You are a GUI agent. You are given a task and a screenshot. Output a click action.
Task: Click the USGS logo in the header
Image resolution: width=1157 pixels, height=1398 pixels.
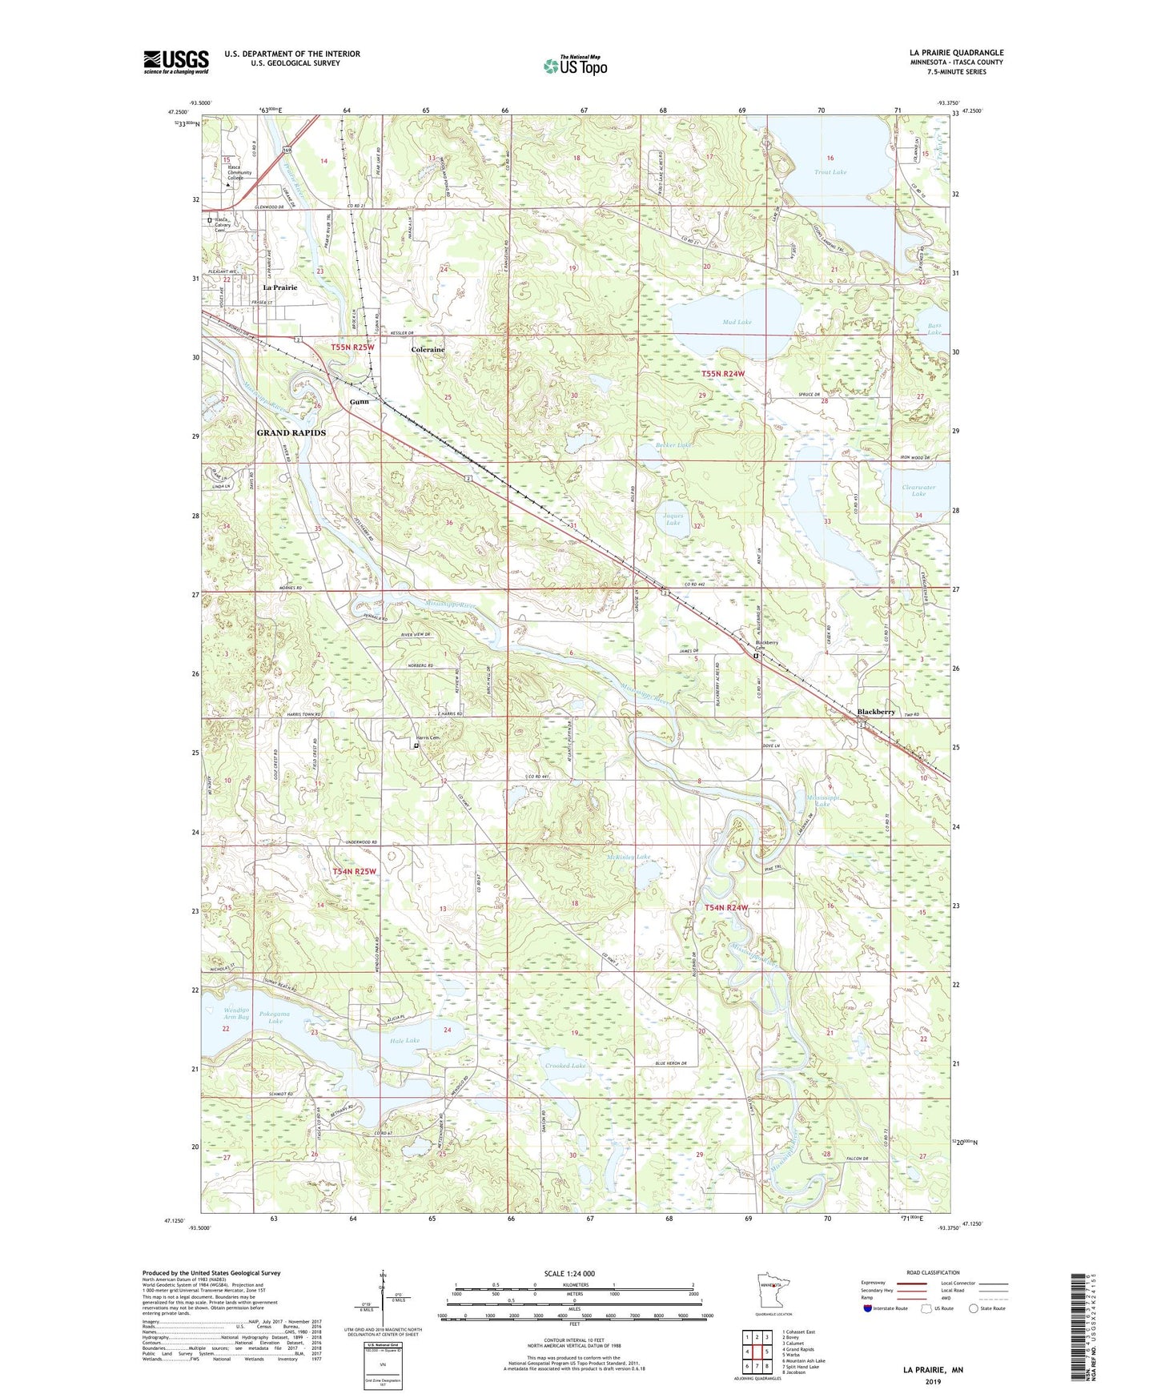[176, 62]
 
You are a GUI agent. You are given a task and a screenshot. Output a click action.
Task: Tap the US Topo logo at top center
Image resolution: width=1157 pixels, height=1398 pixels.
[575, 66]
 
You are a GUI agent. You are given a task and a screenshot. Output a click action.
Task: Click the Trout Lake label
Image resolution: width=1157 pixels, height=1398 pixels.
[830, 172]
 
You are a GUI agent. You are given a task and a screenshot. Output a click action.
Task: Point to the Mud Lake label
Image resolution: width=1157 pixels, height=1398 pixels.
[737, 322]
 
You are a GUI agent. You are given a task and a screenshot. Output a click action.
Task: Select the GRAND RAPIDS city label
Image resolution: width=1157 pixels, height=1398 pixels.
[291, 432]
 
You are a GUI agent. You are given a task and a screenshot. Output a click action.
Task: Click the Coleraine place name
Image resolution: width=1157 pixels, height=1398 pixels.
[428, 349]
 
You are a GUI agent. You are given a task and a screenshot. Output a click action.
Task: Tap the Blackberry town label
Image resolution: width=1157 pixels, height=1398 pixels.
[876, 711]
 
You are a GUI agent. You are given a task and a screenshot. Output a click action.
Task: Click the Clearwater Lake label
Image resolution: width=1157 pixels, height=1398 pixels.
[918, 490]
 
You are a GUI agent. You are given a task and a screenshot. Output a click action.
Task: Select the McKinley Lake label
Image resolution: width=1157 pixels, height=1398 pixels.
[628, 857]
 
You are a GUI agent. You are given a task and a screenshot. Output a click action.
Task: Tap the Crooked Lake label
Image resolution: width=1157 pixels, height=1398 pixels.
[565, 1066]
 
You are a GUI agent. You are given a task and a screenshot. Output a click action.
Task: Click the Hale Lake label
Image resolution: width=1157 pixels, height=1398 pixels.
[404, 1041]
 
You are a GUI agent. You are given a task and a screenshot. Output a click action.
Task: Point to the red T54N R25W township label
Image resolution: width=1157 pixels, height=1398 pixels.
[353, 871]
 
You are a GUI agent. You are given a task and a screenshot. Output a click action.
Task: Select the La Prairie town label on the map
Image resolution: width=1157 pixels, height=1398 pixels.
[280, 287]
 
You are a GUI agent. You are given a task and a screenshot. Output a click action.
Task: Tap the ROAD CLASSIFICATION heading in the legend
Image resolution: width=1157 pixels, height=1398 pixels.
[933, 1272]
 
